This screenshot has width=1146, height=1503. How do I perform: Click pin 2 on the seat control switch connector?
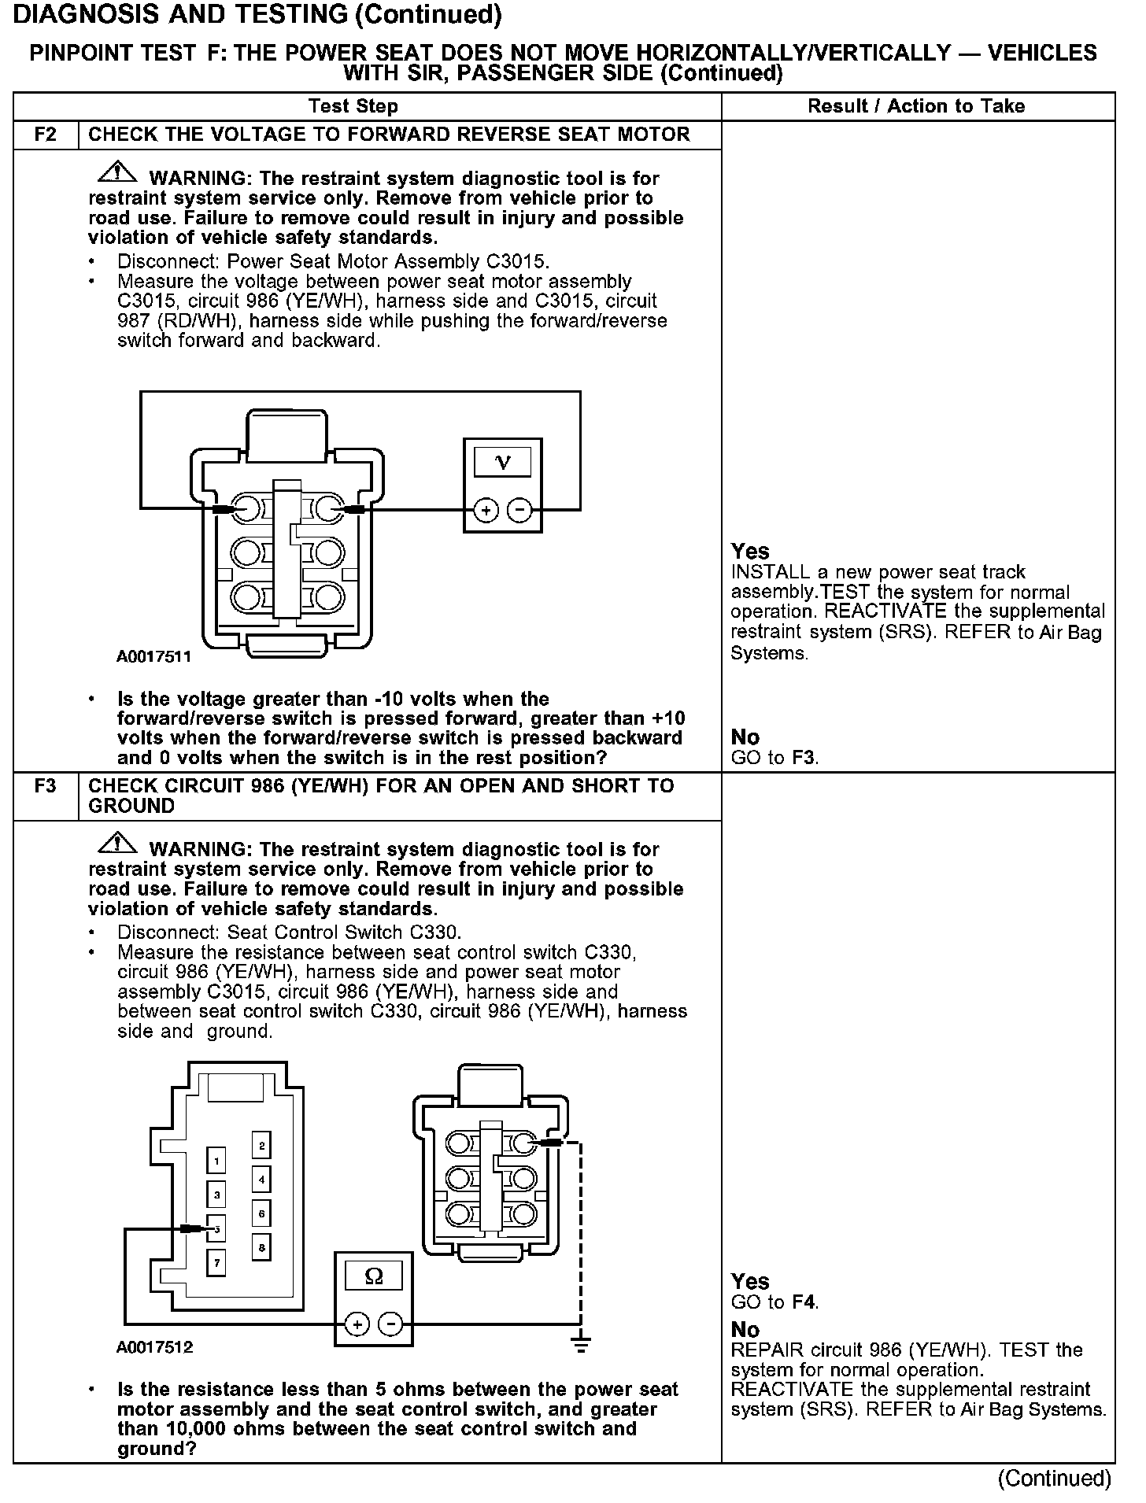261,1145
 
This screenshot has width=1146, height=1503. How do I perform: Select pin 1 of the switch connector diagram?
216,1161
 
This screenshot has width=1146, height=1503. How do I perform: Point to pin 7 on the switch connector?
216,1263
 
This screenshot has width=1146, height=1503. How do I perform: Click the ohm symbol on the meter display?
374,1276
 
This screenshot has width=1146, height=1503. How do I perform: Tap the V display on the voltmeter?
502,462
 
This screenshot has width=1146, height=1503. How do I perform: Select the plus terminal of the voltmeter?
486,511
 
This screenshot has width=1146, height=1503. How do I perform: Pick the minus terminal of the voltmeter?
519,511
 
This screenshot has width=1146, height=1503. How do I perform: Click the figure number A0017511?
154,657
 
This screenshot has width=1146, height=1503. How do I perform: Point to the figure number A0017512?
155,1347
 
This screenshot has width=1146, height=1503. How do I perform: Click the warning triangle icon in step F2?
116,172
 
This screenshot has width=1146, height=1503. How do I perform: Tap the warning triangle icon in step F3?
116,843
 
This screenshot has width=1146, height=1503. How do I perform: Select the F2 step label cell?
46,135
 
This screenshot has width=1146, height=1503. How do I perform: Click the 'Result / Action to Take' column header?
916,106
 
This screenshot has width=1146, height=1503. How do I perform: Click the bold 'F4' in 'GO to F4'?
803,1302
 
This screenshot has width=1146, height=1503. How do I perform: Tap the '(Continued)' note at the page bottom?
1054,1479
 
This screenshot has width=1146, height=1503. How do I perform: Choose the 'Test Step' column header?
353,106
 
